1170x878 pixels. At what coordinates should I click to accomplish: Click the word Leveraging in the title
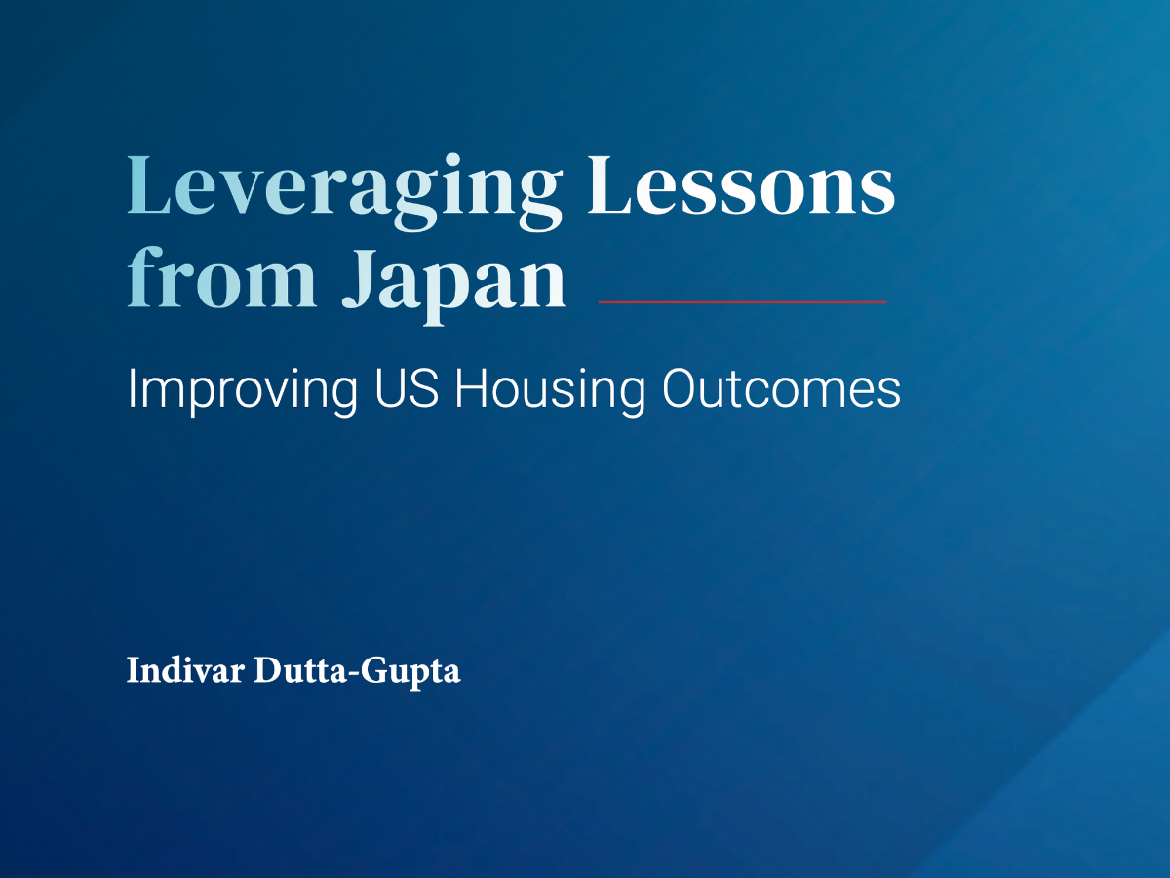tap(345, 192)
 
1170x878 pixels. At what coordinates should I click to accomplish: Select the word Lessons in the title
tap(741, 185)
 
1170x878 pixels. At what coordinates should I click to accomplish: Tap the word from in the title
tap(221, 277)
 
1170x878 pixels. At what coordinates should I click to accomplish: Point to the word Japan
tap(454, 286)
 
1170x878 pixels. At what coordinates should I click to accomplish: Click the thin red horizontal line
tap(743, 302)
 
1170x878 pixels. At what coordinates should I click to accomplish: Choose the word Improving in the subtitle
tap(243, 392)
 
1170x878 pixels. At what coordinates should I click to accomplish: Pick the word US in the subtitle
tap(407, 388)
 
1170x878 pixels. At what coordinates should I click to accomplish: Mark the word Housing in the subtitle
tap(550, 392)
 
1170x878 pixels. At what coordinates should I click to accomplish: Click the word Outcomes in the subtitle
tap(781, 388)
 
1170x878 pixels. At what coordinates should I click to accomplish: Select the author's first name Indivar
tap(185, 670)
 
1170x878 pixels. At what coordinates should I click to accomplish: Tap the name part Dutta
tap(299, 670)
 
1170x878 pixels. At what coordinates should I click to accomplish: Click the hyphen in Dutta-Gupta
tap(352, 674)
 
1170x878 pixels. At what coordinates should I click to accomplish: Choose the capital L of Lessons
tap(609, 185)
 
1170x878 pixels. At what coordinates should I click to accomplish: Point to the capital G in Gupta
tap(373, 670)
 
